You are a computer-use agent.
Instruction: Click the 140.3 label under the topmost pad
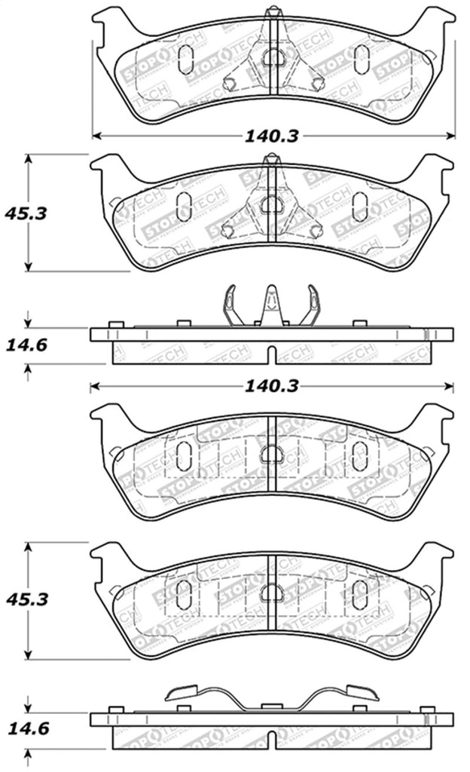[x=271, y=136]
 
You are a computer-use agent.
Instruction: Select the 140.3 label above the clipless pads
[x=271, y=387]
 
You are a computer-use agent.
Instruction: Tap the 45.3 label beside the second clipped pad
[x=26, y=213]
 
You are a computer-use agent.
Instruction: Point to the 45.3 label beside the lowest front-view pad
[x=26, y=599]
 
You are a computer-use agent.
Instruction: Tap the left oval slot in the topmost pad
[x=185, y=59]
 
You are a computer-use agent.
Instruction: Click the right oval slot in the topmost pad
[x=361, y=59]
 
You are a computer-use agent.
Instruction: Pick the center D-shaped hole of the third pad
[x=271, y=453]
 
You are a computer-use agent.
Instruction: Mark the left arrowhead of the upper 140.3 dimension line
[x=96, y=136]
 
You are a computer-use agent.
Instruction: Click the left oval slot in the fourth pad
[x=183, y=590]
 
